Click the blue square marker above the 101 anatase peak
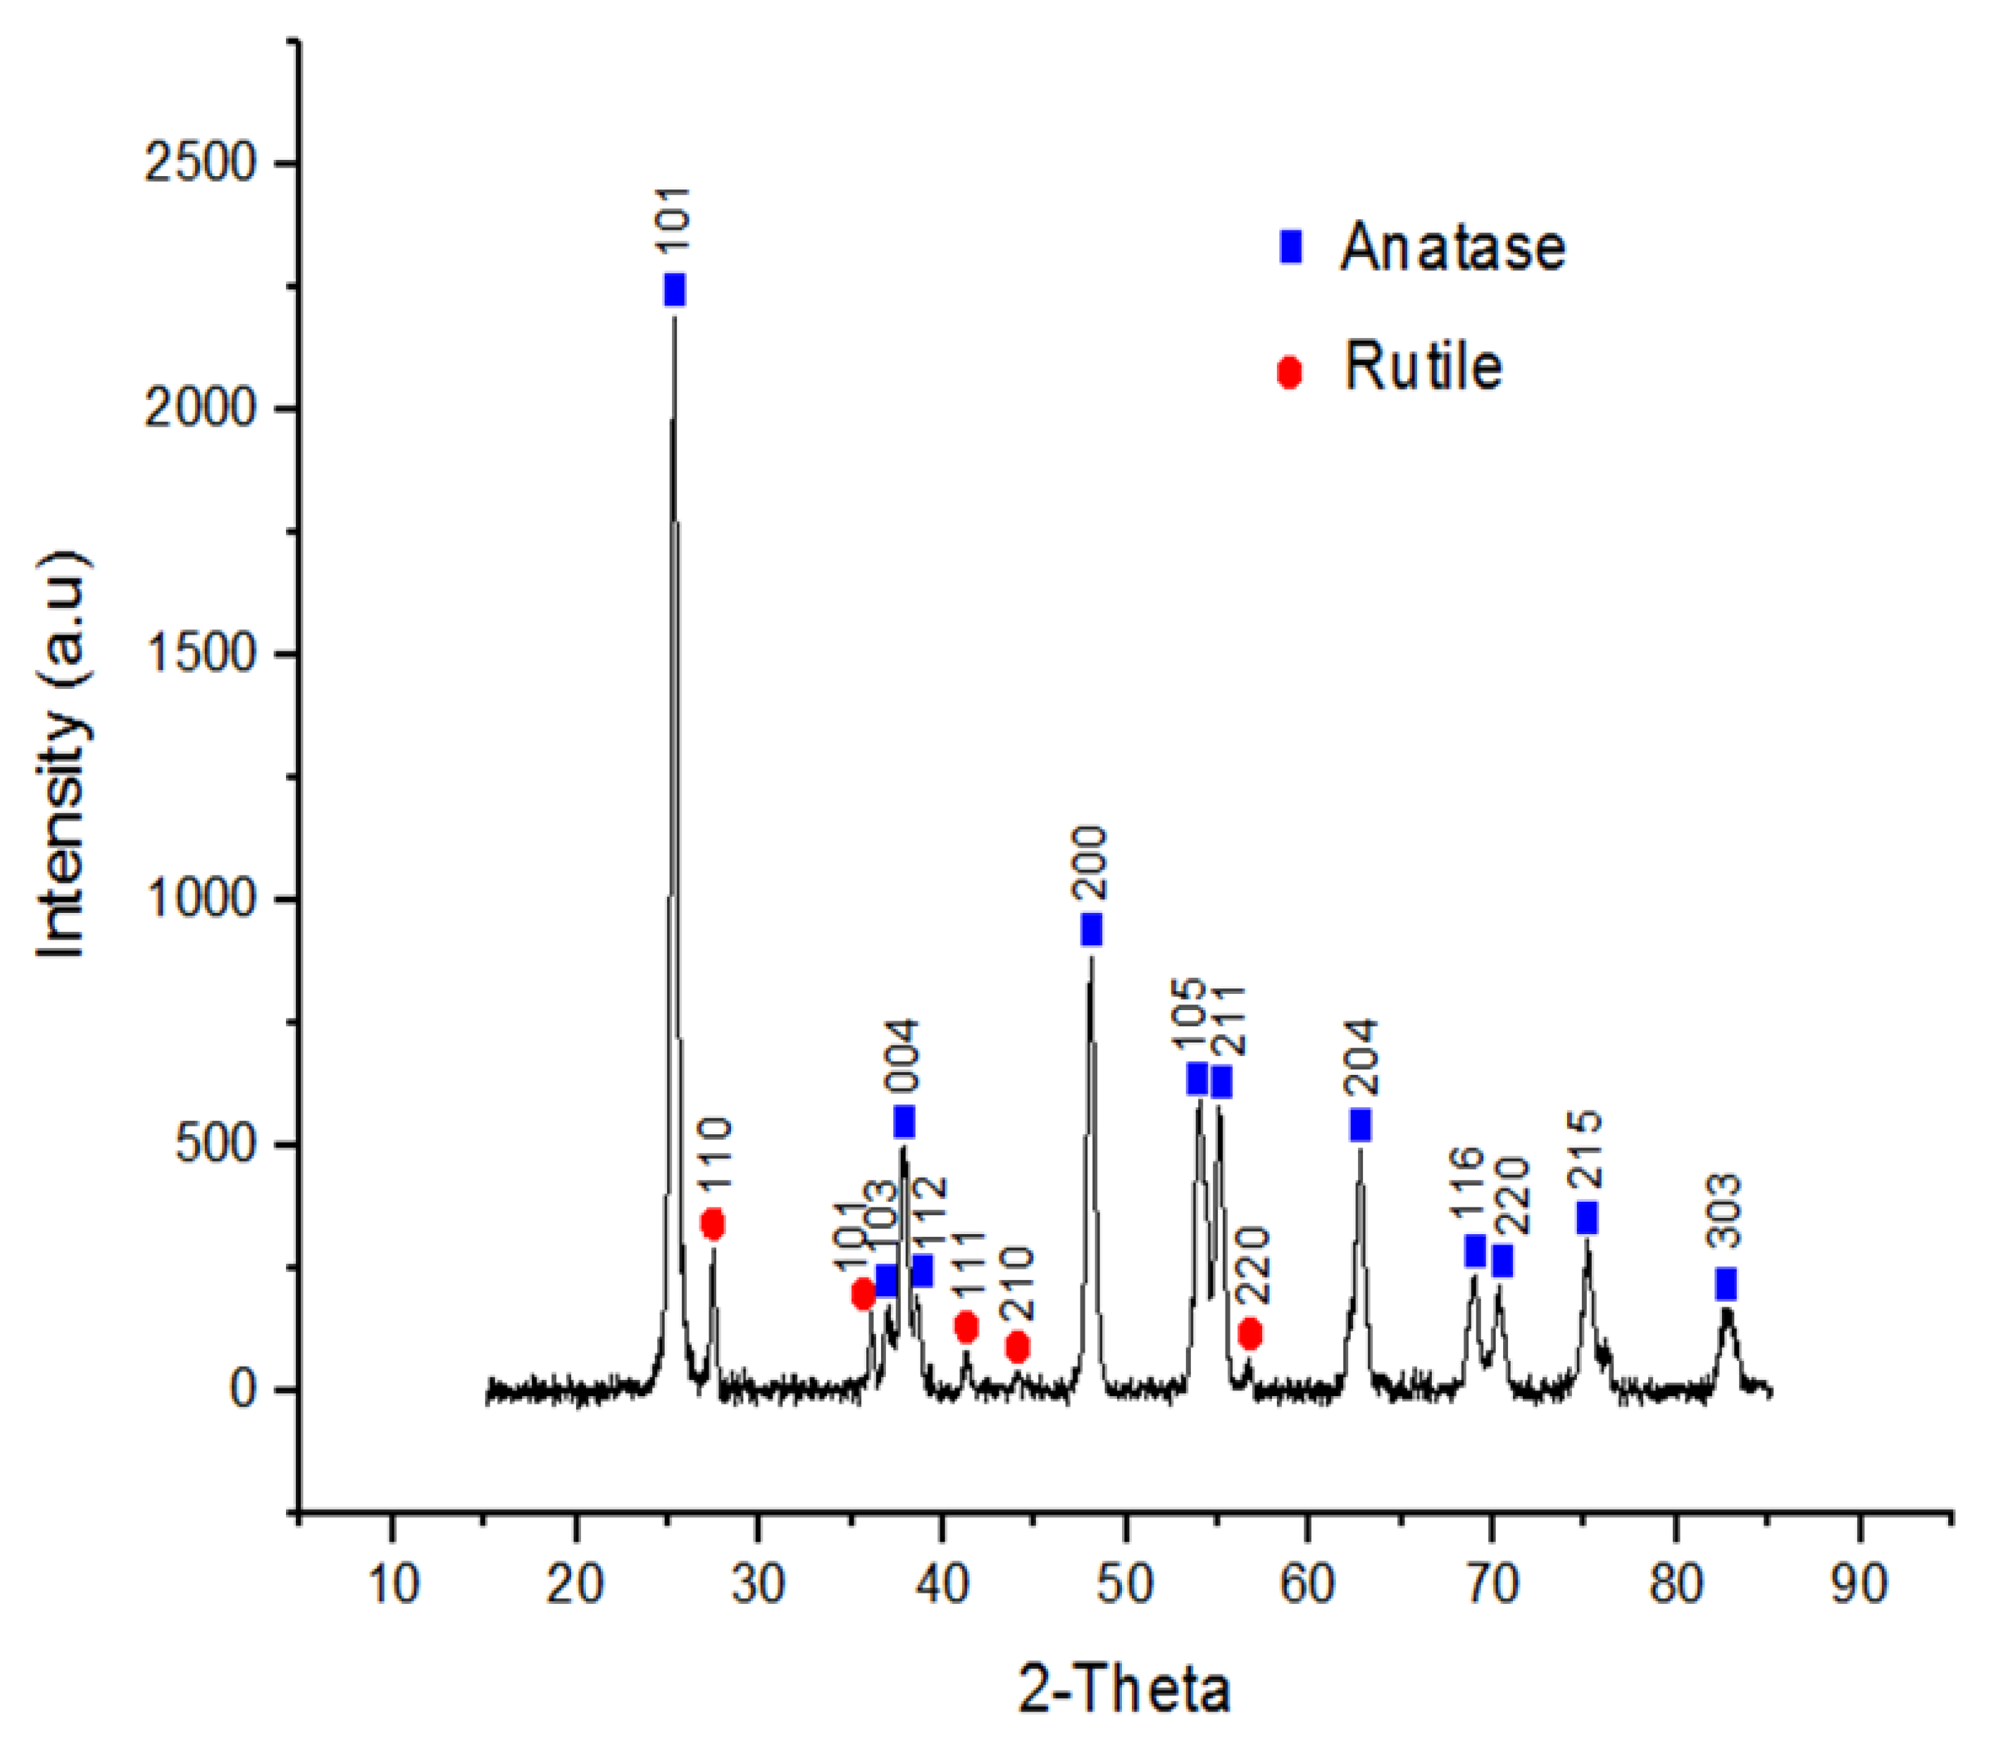674,290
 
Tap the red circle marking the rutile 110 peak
713,1224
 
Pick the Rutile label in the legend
1422,368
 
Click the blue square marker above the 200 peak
1091,929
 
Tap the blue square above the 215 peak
1587,1217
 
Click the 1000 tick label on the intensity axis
199,900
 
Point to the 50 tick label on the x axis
1125,1584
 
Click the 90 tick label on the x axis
1859,1584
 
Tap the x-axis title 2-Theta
1125,1689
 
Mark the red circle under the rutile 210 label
1017,1348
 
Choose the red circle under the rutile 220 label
1250,1333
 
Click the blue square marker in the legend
1290,247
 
